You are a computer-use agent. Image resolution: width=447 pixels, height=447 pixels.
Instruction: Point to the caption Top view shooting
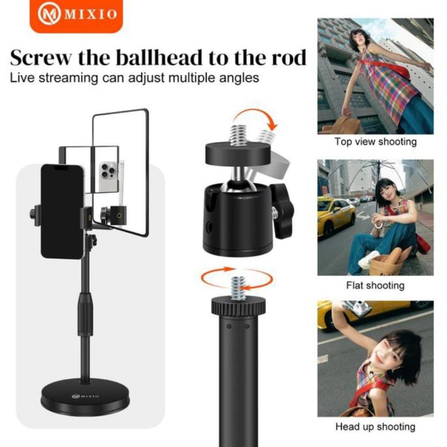[x=375, y=142]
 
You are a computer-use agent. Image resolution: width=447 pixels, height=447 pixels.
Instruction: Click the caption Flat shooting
[x=375, y=285]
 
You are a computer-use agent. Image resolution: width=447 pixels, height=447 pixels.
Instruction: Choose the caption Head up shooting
[x=375, y=427]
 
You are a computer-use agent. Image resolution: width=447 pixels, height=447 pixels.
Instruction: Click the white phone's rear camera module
[x=108, y=170]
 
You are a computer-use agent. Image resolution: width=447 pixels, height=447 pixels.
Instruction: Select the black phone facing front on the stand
[x=62, y=211]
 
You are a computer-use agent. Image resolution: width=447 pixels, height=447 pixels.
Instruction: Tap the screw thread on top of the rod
[x=238, y=287]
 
